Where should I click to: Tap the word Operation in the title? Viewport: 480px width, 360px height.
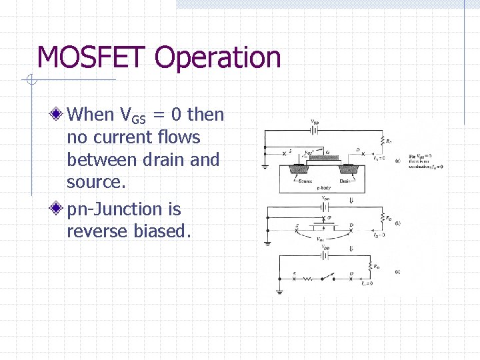tap(217, 59)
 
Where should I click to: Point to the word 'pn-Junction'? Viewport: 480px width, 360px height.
tap(123, 209)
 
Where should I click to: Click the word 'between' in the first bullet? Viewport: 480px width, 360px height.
tap(98, 160)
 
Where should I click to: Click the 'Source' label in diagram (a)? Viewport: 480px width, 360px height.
tap(305, 181)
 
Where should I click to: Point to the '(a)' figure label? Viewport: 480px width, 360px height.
tap(397, 160)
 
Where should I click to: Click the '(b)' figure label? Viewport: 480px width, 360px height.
tap(397, 223)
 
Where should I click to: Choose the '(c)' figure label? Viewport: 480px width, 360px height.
tap(397, 271)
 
